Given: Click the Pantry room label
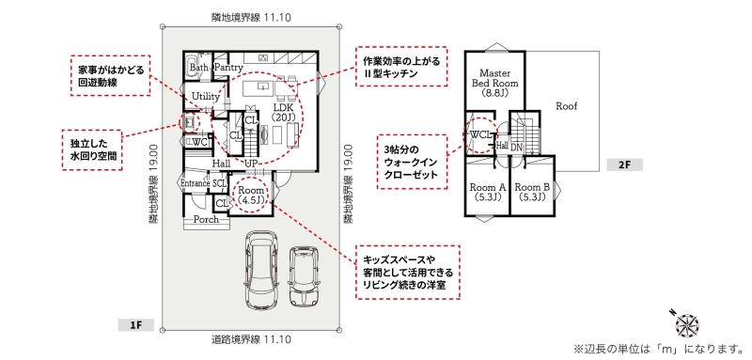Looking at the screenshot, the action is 228,68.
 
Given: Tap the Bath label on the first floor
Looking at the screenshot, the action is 198,68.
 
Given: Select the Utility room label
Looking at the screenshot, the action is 205,97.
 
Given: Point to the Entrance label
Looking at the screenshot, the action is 196,183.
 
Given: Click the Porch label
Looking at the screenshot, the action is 206,220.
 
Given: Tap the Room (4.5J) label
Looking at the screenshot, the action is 251,196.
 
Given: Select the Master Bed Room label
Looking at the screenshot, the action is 495,83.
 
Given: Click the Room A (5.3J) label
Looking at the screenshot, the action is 486,191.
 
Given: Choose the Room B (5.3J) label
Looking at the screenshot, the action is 532,191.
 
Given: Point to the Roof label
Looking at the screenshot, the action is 567,106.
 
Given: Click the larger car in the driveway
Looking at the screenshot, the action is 259,271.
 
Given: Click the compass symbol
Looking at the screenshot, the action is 687,323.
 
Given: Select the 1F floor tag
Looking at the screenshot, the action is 136,325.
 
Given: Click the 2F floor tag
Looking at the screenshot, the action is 624,164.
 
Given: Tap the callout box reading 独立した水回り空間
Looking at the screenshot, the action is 91,149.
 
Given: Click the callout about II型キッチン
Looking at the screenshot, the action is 401,66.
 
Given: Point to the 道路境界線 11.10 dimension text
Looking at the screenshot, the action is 251,340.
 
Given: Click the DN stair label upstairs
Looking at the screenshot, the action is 516,148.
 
